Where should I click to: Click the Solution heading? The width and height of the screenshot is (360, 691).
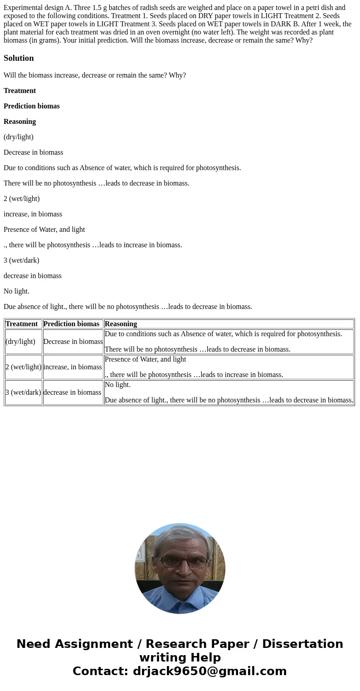pos(19,58)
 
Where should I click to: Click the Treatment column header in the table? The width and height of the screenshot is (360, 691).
pos(21,324)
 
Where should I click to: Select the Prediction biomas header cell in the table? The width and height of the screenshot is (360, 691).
pos(71,324)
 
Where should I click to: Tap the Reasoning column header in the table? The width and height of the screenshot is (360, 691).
pos(121,324)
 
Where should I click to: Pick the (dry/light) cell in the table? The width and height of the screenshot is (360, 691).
pos(20,342)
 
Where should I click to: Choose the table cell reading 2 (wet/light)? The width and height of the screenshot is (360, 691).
pos(23,367)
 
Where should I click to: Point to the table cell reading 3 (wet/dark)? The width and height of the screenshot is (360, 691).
pos(23,392)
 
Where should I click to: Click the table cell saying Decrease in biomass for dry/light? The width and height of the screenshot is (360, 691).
pos(73,342)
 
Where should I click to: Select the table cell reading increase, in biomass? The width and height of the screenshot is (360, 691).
pos(73,367)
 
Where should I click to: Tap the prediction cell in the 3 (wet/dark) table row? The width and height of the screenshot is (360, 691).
pos(72,392)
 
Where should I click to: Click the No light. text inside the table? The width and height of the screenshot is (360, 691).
pos(117,385)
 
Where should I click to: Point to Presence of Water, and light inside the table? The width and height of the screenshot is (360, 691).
pos(145,359)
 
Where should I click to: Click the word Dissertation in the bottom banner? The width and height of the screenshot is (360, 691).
pos(302,644)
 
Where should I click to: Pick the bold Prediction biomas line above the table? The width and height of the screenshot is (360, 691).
pos(32,106)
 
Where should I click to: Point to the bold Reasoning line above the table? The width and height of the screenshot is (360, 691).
pos(19,122)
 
